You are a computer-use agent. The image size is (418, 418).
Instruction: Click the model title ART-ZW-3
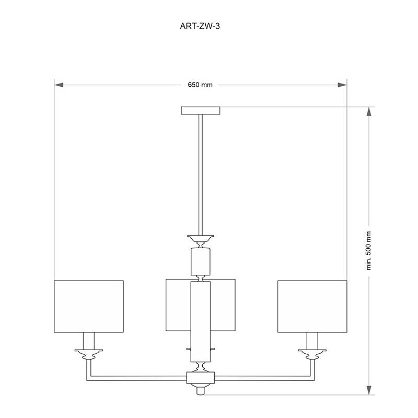[200, 26]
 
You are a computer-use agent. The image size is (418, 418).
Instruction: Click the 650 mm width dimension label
[200, 85]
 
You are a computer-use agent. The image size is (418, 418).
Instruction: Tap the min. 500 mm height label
[369, 251]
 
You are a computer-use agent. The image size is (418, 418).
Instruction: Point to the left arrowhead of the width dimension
[59, 85]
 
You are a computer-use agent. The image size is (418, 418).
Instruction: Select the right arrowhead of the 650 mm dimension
[342, 85]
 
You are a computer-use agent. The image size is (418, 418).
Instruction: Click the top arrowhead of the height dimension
[369, 111]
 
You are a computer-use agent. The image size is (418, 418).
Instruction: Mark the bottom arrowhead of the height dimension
[369, 390]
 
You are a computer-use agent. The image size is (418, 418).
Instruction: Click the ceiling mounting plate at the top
[201, 111]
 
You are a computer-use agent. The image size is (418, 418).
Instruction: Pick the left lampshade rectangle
[89, 306]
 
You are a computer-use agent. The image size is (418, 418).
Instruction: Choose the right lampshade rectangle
[312, 306]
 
